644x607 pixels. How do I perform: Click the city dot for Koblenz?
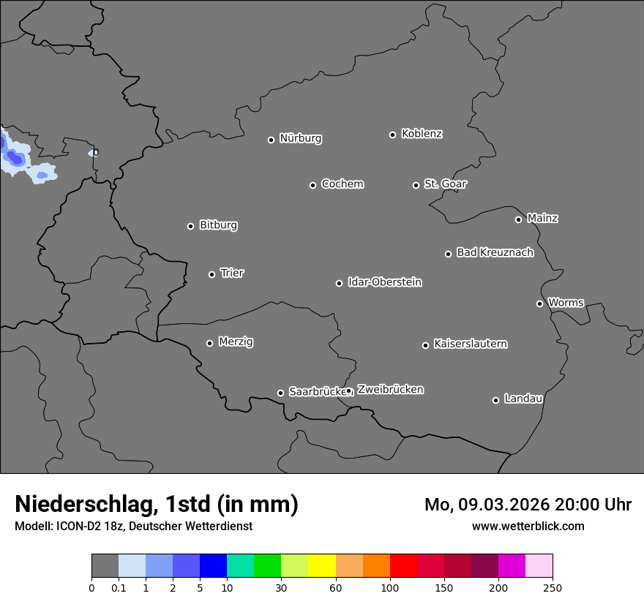[392, 135]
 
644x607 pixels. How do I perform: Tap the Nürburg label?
[300, 138]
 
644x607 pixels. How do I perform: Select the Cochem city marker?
[312, 185]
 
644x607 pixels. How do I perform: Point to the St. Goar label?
[445, 184]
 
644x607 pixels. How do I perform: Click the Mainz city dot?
[518, 219]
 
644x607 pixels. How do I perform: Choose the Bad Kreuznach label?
[495, 252]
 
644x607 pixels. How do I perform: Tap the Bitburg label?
[218, 225]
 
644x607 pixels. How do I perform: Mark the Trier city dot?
[211, 274]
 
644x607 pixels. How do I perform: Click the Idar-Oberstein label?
[384, 282]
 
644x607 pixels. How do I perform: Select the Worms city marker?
[539, 303]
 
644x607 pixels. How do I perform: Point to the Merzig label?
[236, 342]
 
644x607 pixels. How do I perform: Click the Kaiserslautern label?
[470, 344]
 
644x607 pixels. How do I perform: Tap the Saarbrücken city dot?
[280, 393]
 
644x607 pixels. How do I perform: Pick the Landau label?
[523, 399]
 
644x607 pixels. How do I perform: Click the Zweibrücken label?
[390, 389]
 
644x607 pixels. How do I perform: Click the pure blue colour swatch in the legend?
[213, 566]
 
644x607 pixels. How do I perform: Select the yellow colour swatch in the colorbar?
[322, 566]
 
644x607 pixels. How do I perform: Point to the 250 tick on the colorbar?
[553, 588]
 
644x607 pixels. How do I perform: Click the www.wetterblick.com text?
[528, 526]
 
